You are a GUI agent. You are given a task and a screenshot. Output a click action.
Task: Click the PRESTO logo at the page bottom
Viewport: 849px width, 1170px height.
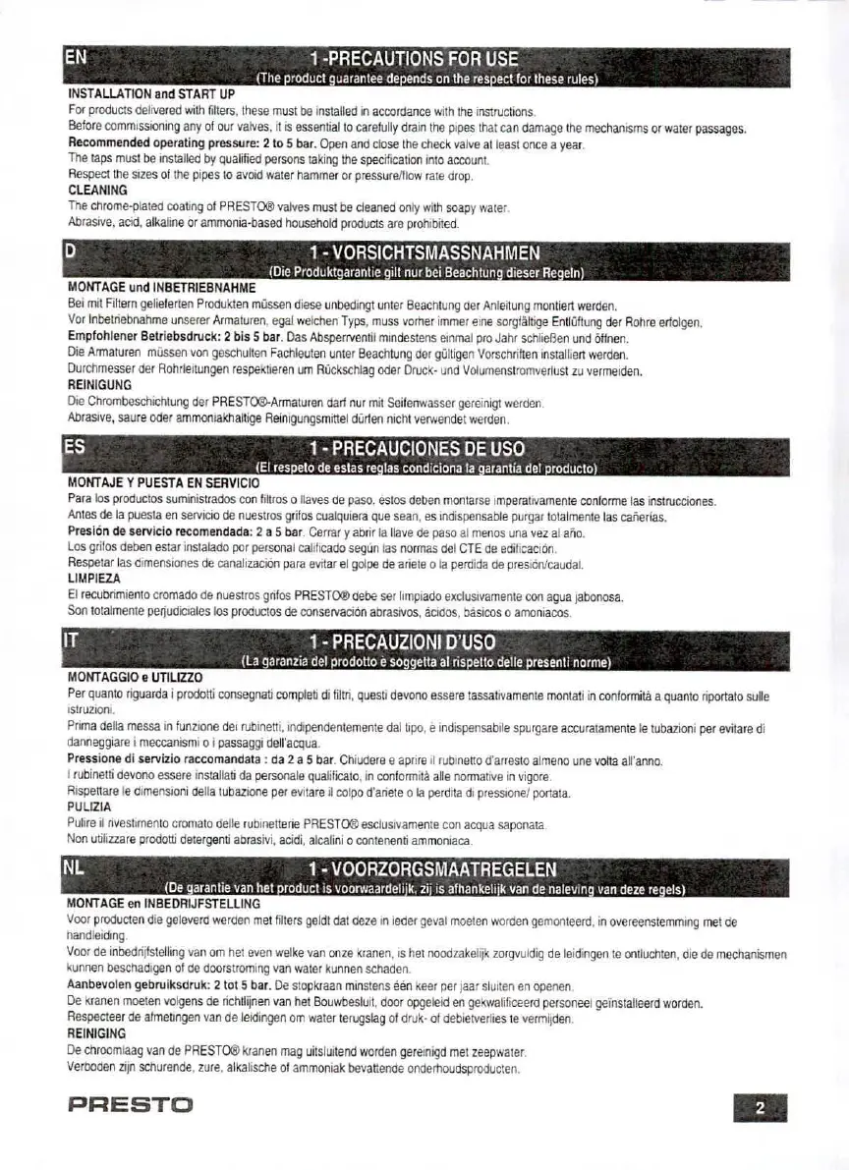pyautogui.click(x=130, y=1107)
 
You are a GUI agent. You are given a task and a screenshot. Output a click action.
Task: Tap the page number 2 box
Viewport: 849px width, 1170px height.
pyautogui.click(x=760, y=1107)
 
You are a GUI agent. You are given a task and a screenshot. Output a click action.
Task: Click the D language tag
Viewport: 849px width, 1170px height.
pyautogui.click(x=70, y=251)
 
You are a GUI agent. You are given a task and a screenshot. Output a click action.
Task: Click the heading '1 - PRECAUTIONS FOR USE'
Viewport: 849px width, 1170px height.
pyautogui.click(x=413, y=58)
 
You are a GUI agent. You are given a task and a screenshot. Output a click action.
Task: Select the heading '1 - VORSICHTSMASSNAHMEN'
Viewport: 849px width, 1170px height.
pyautogui.click(x=424, y=251)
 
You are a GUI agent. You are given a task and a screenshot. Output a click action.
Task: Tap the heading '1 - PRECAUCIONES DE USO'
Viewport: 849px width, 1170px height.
pyautogui.click(x=424, y=447)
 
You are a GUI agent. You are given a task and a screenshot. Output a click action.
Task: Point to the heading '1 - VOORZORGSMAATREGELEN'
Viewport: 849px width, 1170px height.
pyautogui.click(x=432, y=869)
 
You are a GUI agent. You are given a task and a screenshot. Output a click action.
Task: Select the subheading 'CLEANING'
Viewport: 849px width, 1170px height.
pyautogui.click(x=97, y=190)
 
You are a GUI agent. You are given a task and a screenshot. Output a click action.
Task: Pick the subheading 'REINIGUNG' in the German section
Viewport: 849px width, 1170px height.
pyautogui.click(x=99, y=385)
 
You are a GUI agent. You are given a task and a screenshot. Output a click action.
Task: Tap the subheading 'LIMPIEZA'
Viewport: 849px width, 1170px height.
pyautogui.click(x=95, y=580)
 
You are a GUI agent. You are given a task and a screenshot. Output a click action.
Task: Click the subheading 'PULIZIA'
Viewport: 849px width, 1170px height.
pyautogui.click(x=89, y=807)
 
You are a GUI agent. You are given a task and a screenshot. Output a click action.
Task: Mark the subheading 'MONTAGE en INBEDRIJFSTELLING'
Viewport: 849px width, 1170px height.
pyautogui.click(x=163, y=902)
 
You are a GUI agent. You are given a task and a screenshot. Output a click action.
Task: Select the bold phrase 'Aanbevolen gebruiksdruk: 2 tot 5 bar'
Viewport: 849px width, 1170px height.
pyautogui.click(x=168, y=984)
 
